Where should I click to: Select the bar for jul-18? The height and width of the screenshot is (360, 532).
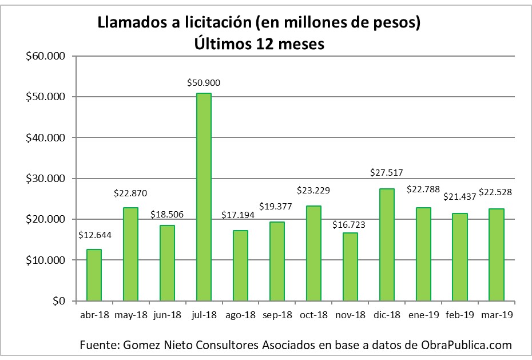pyautogui.click(x=204, y=197)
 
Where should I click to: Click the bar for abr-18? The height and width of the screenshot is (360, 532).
pyautogui.click(x=94, y=275)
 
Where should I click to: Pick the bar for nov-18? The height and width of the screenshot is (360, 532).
pyautogui.click(x=350, y=266)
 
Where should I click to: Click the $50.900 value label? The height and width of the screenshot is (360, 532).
pyautogui.click(x=204, y=83)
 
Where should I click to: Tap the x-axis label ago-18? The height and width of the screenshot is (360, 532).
pyautogui.click(x=240, y=315)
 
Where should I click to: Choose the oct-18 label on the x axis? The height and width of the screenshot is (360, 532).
pyautogui.click(x=313, y=315)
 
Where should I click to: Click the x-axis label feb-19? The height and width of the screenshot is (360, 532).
pyautogui.click(x=460, y=315)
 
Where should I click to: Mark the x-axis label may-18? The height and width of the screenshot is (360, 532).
pyautogui.click(x=130, y=315)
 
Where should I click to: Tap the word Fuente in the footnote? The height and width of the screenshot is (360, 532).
pyautogui.click(x=99, y=345)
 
